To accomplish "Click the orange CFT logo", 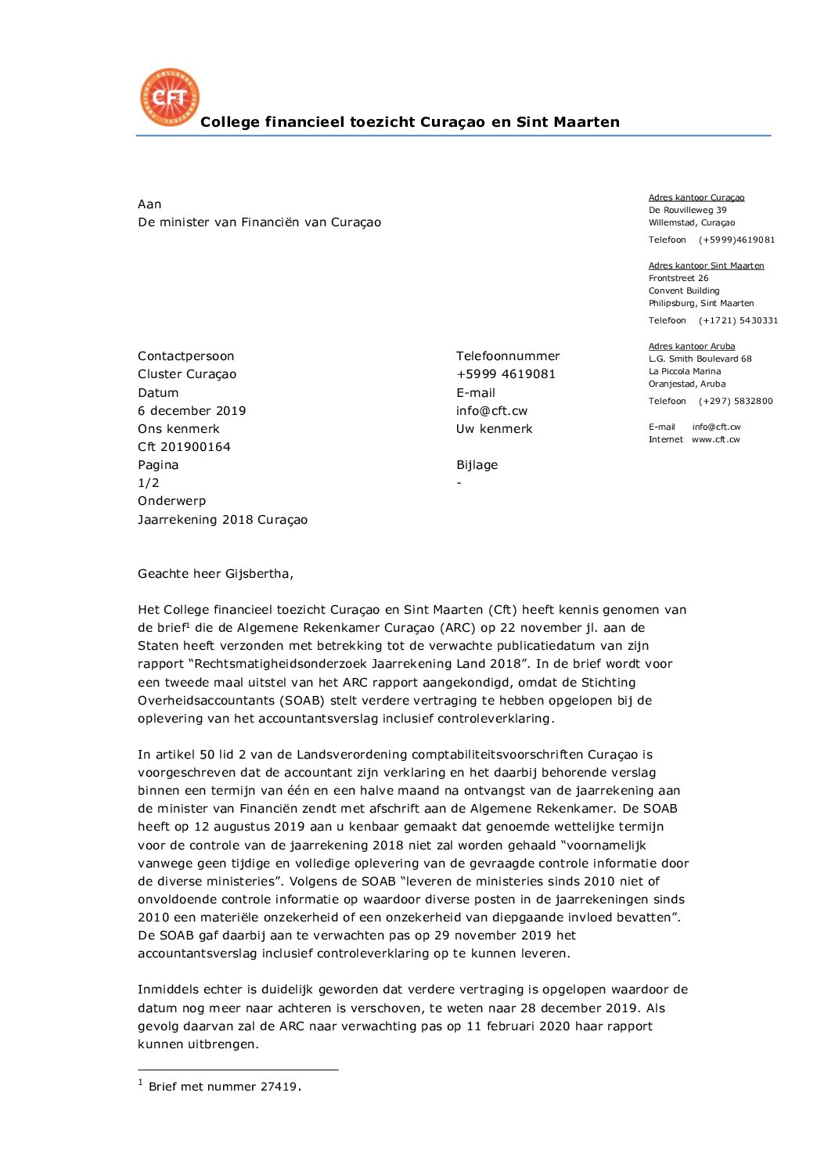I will click(170, 97).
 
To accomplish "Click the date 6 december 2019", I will click(192, 411).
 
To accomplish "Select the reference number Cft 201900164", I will click(184, 447).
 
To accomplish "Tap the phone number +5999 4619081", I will click(506, 374).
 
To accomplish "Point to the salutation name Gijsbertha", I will click(257, 574).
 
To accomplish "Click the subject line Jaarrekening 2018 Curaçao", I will click(222, 520).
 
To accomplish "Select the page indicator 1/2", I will click(149, 483).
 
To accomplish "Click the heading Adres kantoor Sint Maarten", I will click(706, 265).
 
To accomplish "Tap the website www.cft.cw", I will click(715, 439).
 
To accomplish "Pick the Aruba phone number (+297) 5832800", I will click(736, 401).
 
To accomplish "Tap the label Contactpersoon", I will click(185, 356).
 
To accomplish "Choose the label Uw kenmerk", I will click(494, 429).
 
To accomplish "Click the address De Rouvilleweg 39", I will click(687, 210).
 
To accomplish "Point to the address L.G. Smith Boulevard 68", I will click(700, 359).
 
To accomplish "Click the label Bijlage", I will click(477, 465).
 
